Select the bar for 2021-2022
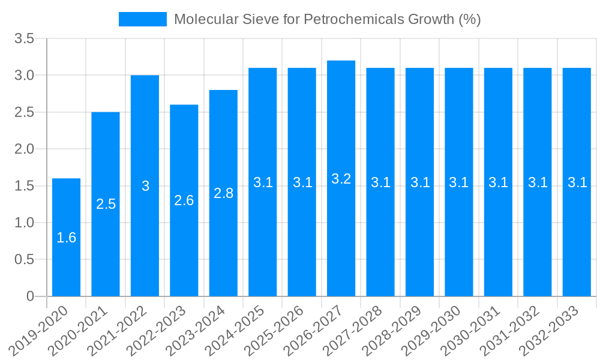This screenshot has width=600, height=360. [145, 186]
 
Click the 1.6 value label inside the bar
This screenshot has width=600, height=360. [66, 238]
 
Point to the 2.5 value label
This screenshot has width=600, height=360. [106, 204]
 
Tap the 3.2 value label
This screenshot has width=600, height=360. [341, 179]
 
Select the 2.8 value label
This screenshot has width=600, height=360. [223, 193]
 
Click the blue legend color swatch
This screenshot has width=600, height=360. [143, 19]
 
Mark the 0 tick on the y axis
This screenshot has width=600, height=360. [31, 296]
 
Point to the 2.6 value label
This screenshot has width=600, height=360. [184, 200]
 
